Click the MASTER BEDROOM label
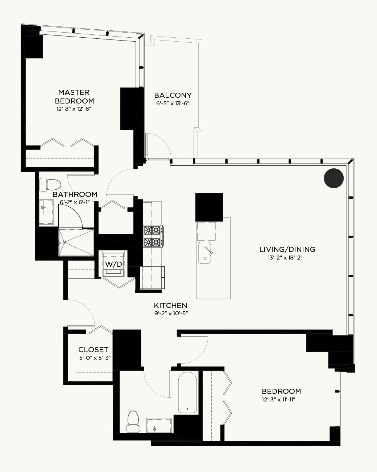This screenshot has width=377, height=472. pos(74,97)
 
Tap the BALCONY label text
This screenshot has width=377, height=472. pos(173,95)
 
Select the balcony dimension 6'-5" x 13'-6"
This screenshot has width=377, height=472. pos(173,103)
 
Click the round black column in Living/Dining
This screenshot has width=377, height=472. pos(333,178)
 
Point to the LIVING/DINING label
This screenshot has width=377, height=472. pos(287,249)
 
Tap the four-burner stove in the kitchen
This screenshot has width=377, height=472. pos(153,236)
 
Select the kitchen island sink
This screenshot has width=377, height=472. pos(205,253)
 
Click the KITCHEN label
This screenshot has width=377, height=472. pos(170,305)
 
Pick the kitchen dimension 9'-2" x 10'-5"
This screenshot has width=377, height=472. pos(171,313)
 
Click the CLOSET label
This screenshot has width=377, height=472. pos(94,349)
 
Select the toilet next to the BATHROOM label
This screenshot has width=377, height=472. pos(50,185)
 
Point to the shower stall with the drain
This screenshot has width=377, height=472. pos(76,243)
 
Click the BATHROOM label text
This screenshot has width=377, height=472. pos(75,194)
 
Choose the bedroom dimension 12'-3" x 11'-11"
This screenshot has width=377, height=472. pos(278,399)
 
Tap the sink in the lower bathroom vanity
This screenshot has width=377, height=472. pos(155,425)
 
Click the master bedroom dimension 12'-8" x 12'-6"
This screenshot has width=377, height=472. pos(74,109)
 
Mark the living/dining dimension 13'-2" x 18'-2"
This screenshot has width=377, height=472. pos(285,257)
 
